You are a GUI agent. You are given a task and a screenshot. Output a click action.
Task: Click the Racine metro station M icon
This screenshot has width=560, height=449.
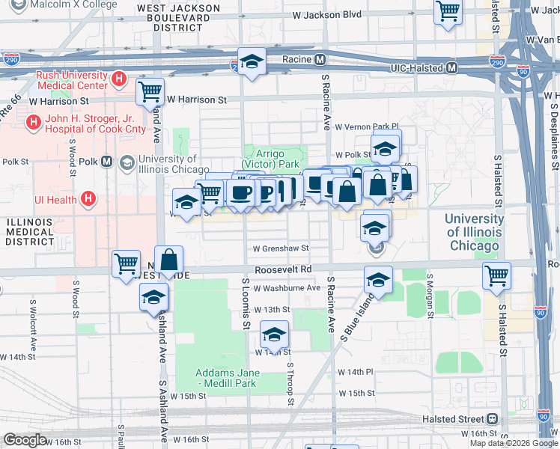pyautogui.click(x=320, y=59)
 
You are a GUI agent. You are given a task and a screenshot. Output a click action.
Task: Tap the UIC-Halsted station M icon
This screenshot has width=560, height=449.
pyautogui.click(x=452, y=67)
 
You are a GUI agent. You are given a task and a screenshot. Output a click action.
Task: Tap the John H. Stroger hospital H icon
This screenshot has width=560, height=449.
pyautogui.click(x=33, y=121)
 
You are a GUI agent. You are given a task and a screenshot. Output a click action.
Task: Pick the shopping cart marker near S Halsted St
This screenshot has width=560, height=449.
pyautogui.click(x=496, y=275)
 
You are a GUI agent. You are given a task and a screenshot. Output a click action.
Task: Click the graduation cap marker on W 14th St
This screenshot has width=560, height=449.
pyautogui.click(x=274, y=334)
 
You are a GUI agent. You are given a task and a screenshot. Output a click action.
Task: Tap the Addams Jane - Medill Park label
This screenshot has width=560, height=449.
pyautogui.click(x=227, y=378)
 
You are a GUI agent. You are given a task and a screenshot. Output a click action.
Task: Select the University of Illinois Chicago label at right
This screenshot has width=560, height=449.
pyautogui.click(x=473, y=232)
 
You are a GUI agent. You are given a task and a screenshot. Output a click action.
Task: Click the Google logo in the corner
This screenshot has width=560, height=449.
pyautogui.click(x=25, y=440)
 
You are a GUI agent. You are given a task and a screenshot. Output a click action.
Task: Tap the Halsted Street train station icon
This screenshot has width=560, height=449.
pyautogui.click(x=492, y=419)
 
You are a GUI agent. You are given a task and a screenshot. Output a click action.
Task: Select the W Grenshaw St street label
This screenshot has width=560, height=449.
pyautogui.click(x=280, y=248)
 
